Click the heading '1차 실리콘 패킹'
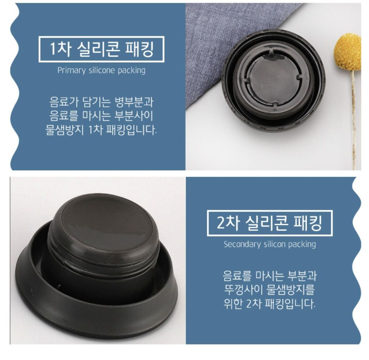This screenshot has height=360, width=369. (101, 49)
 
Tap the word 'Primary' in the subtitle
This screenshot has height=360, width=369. (72, 71)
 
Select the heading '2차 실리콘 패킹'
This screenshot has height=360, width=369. (269, 223)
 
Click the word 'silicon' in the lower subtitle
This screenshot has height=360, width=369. (275, 244)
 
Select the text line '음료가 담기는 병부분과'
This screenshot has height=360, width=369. (101, 102)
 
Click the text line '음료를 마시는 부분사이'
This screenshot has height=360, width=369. (101, 116)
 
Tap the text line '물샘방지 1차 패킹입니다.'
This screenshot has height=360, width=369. (101, 130)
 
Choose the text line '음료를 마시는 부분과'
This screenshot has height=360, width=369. (270, 276)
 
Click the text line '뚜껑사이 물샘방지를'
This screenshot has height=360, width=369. (270, 290)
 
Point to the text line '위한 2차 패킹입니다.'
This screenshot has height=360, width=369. (269, 304)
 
